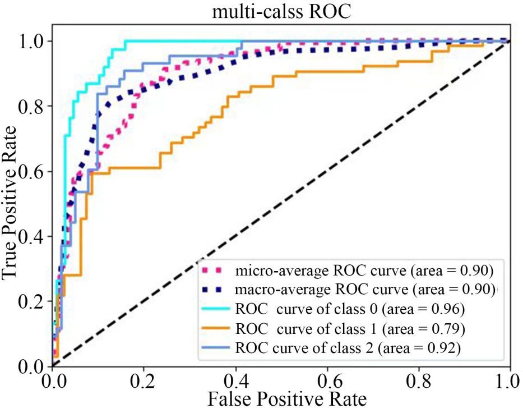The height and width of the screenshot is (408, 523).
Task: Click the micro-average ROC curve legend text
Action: (364, 272)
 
